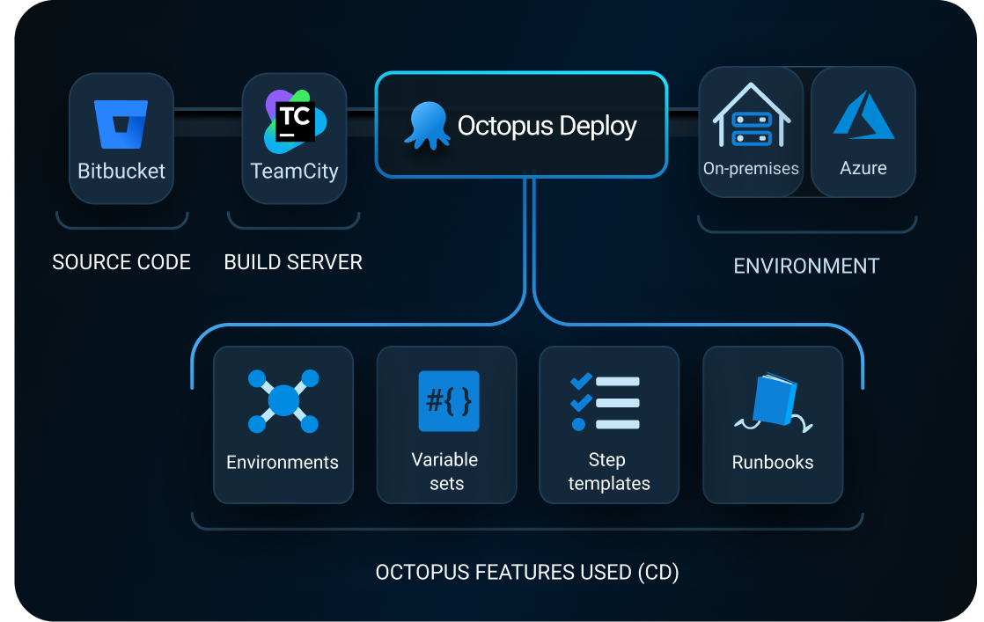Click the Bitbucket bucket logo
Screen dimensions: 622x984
click(121, 123)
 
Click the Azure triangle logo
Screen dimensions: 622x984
click(863, 115)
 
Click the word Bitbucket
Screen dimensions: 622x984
click(121, 171)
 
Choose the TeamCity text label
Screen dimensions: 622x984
click(294, 171)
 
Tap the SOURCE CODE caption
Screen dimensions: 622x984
click(121, 262)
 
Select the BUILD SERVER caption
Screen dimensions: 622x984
click(293, 262)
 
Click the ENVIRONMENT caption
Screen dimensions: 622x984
click(806, 266)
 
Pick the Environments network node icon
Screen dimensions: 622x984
click(283, 401)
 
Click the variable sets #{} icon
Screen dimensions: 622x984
click(448, 401)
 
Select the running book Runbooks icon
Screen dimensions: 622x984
click(773, 403)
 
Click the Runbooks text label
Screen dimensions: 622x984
click(773, 462)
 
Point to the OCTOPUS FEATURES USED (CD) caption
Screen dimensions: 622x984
click(527, 573)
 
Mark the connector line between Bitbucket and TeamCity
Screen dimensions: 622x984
click(208, 110)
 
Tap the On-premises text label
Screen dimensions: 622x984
click(751, 168)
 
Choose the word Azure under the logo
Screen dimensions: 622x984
click(863, 168)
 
